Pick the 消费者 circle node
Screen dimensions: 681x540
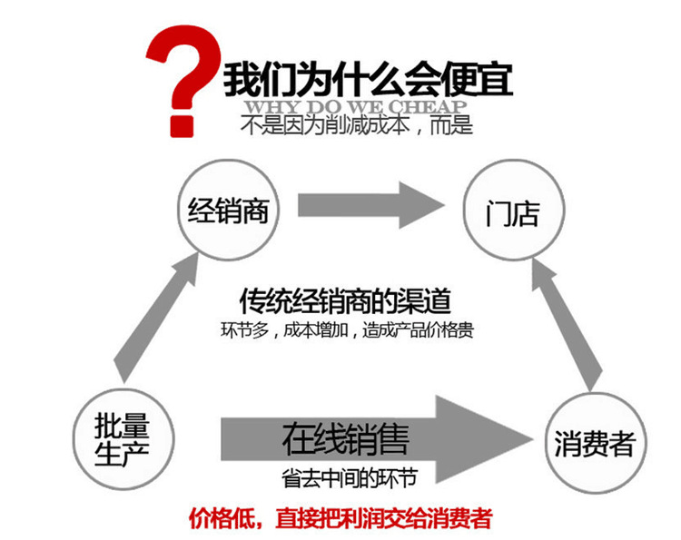595,445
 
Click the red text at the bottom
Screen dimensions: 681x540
340,518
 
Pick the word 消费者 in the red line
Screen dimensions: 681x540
459,518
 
